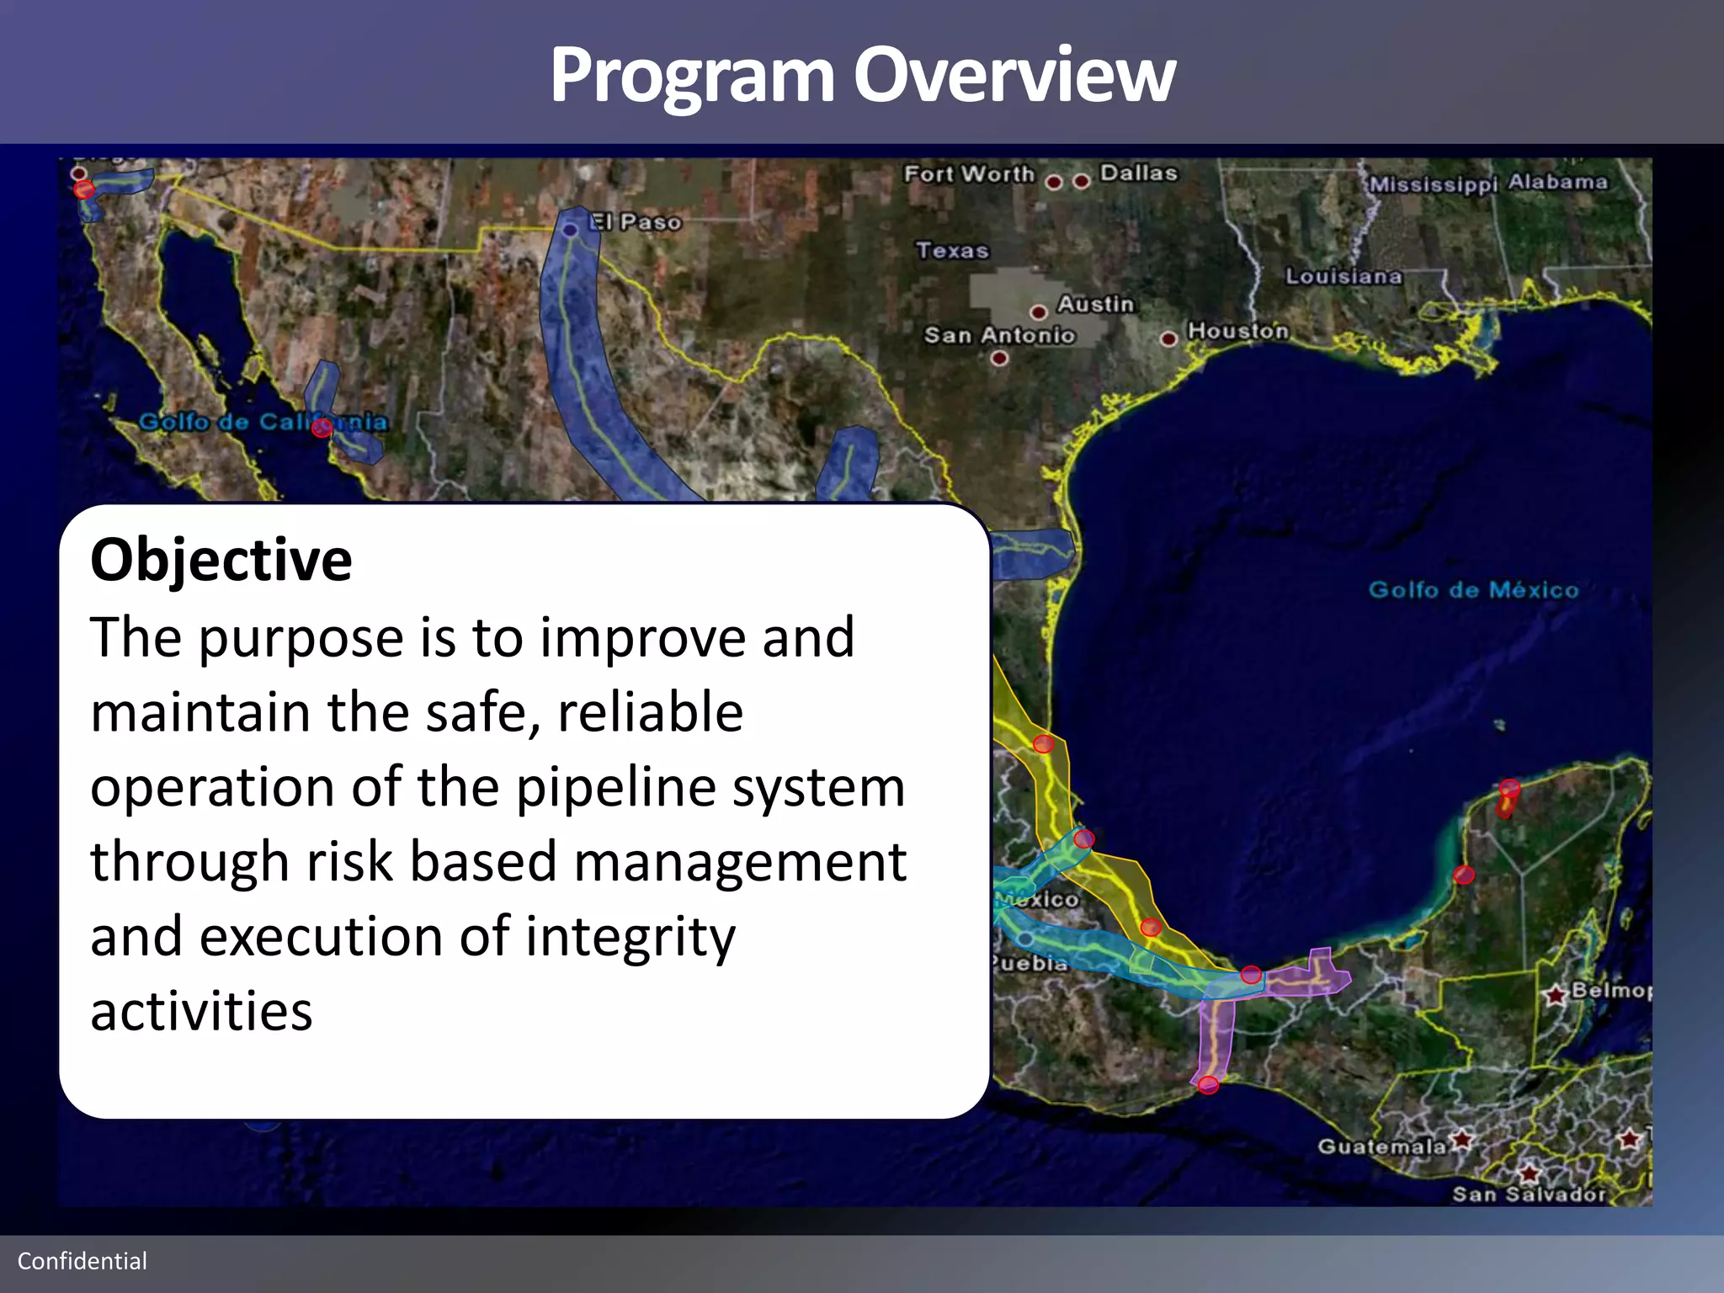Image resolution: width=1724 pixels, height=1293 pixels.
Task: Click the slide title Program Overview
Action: click(862, 76)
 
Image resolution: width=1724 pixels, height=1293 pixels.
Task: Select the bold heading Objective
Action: click(221, 560)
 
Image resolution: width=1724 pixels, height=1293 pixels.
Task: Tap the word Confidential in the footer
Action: click(82, 1260)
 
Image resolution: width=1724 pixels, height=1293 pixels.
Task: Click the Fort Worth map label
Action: click(968, 174)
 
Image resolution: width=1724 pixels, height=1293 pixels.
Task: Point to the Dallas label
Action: click(1138, 173)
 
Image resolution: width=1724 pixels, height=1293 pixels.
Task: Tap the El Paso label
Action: click(636, 222)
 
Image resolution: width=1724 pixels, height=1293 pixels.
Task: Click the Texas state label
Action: click(952, 251)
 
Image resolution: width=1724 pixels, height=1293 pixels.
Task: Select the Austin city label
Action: click(1095, 304)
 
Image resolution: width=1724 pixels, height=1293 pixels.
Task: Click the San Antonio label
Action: click(999, 335)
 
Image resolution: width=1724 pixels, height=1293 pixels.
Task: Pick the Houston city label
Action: click(1237, 331)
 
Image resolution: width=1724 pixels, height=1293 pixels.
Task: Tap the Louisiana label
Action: click(1344, 276)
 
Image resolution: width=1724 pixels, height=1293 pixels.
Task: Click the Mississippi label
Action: click(1434, 184)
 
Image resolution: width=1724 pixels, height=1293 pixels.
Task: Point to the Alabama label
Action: click(1557, 182)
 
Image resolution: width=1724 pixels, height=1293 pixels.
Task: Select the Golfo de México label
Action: click(1473, 589)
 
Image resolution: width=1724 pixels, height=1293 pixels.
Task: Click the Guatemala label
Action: click(1381, 1147)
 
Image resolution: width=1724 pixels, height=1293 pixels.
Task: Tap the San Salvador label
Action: click(1529, 1194)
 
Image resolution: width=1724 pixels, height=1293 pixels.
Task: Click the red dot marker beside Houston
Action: click(1168, 339)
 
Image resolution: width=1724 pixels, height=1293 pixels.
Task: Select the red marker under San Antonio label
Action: click(999, 359)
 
